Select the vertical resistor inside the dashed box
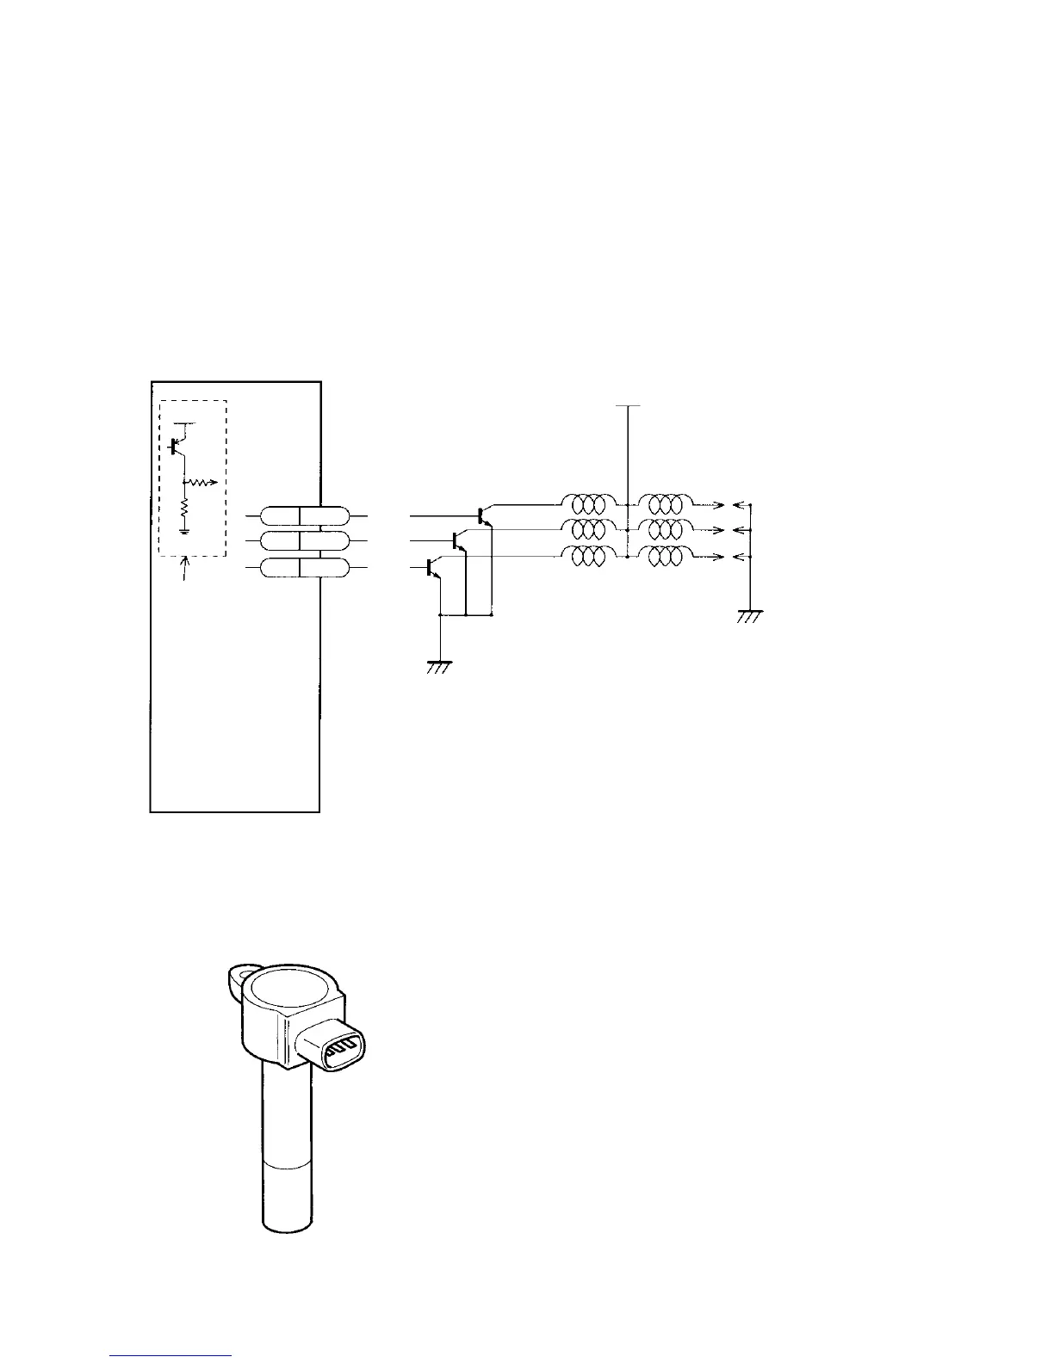pyautogui.click(x=183, y=513)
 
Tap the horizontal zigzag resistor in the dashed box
pyautogui.click(x=200, y=483)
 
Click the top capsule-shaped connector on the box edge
pyautogui.click(x=305, y=515)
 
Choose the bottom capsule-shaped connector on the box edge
pyautogui.click(x=305, y=568)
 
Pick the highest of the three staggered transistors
pyautogui.click(x=482, y=515)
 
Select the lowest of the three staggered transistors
pyautogui.click(x=431, y=567)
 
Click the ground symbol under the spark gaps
pyautogui.click(x=750, y=615)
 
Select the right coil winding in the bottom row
pyautogui.click(x=665, y=557)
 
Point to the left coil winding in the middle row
pyautogui.click(x=588, y=528)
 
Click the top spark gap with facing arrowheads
pyautogui.click(x=728, y=504)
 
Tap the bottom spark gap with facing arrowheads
pyautogui.click(x=728, y=558)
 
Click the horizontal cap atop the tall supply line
pyautogui.click(x=629, y=405)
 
